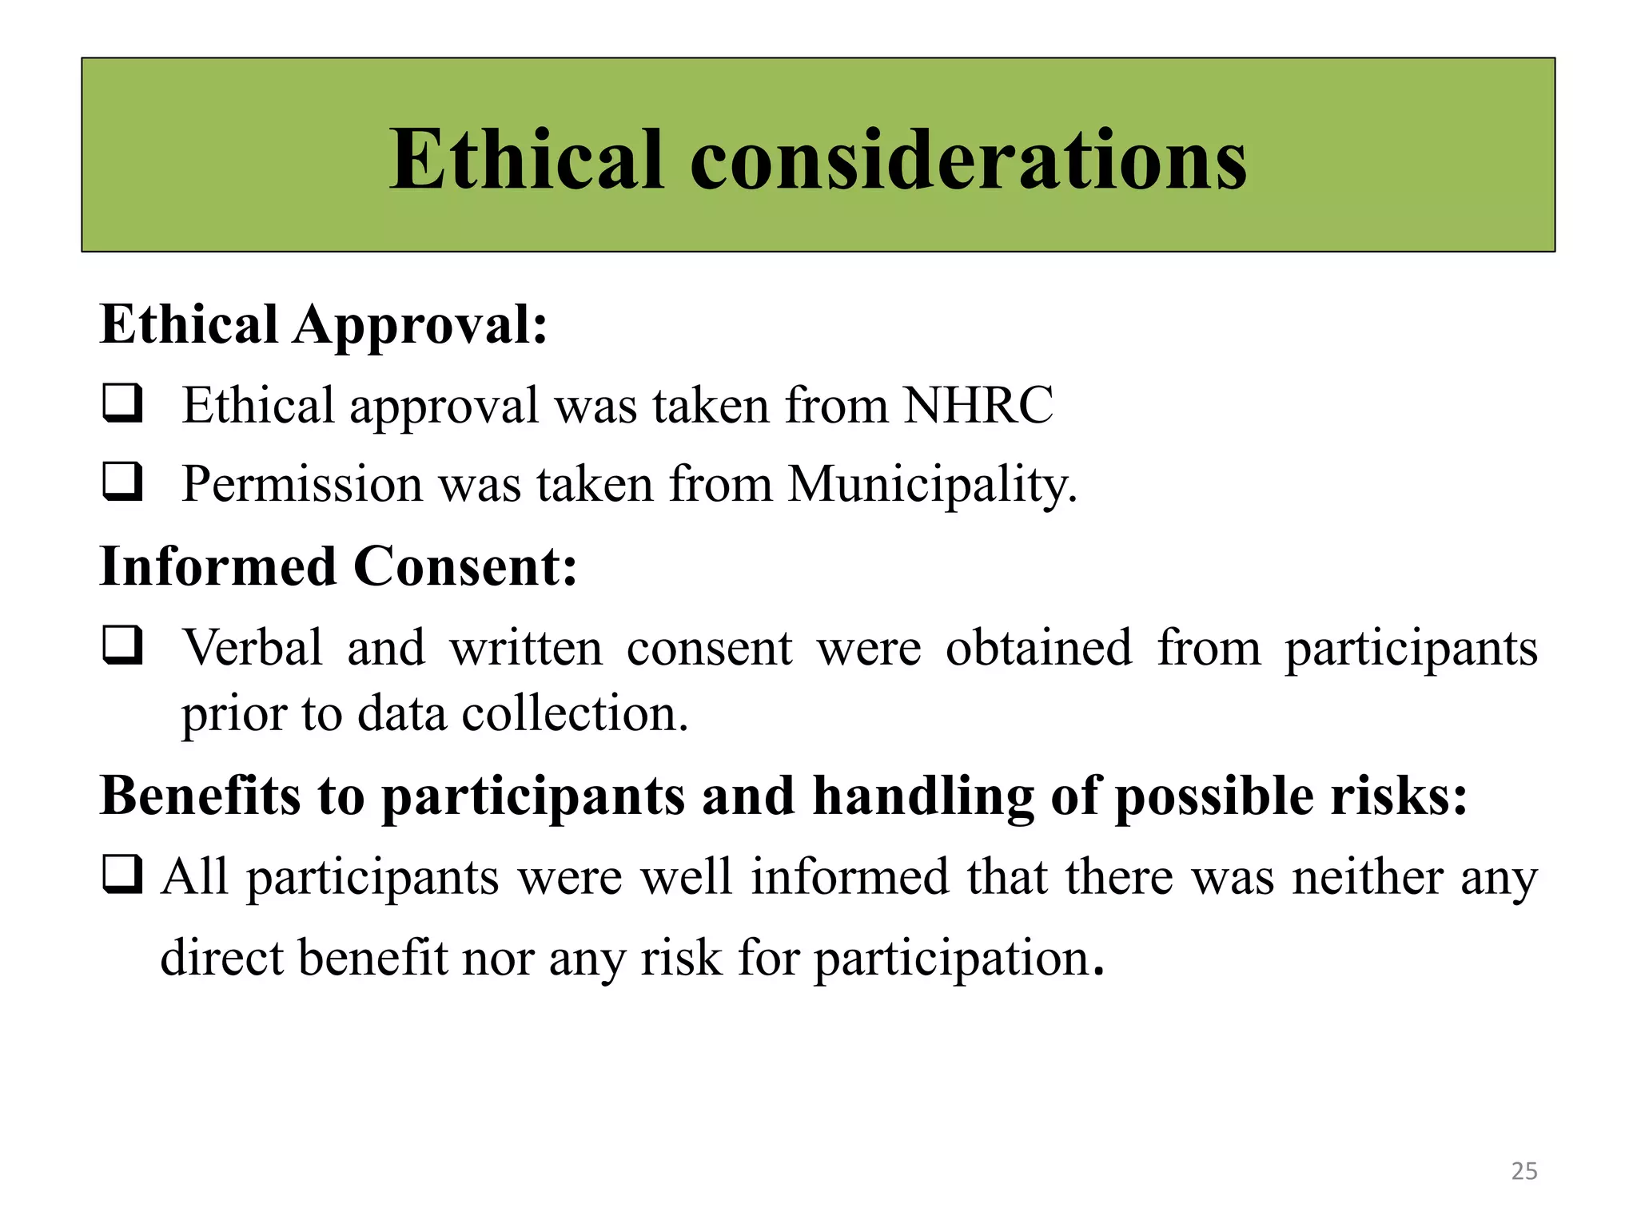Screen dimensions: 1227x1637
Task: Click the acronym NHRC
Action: click(978, 405)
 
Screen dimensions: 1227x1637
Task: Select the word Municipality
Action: click(932, 485)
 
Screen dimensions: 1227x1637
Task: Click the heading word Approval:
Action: click(420, 327)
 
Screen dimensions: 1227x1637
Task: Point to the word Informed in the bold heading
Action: click(217, 566)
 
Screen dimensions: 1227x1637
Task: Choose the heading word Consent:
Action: click(465, 566)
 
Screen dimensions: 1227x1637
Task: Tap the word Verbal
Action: click(253, 647)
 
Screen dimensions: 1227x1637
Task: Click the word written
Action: click(526, 648)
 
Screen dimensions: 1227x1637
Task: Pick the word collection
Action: click(575, 713)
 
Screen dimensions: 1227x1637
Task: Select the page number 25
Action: click(1524, 1171)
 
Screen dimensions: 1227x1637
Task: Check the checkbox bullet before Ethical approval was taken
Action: click(123, 403)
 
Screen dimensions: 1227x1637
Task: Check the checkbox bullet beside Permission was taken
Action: click(123, 482)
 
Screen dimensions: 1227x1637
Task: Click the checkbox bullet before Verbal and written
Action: click(123, 645)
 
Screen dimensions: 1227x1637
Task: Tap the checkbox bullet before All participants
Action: click(123, 875)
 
